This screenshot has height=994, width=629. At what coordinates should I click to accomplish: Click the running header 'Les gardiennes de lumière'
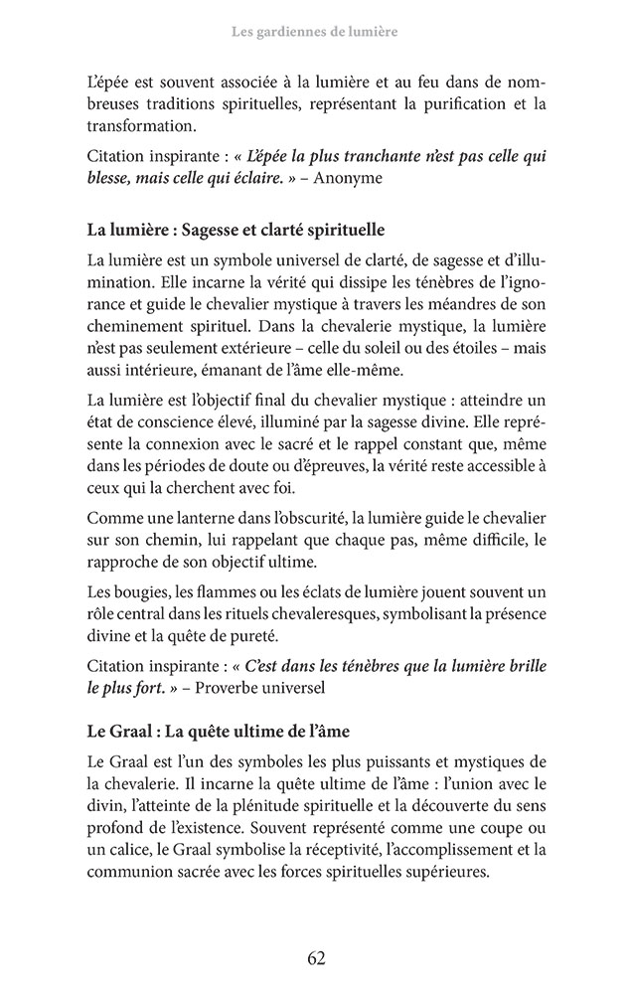314,33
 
